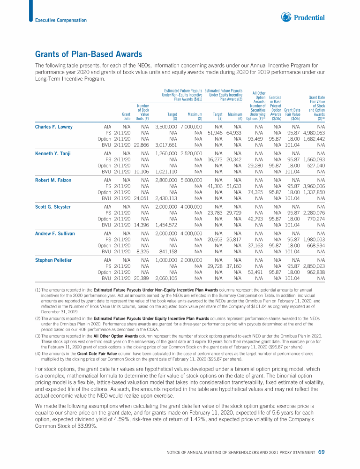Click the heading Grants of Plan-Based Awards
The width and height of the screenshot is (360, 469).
[89, 55]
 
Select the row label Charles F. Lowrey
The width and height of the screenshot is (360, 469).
[54, 127]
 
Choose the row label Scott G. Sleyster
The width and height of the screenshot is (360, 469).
[53, 206]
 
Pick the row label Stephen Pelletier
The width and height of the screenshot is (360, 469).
[53, 259]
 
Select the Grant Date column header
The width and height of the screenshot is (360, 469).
[126, 116]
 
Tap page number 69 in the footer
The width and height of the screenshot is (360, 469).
[321, 452]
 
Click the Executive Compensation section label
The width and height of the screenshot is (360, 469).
[61, 20]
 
